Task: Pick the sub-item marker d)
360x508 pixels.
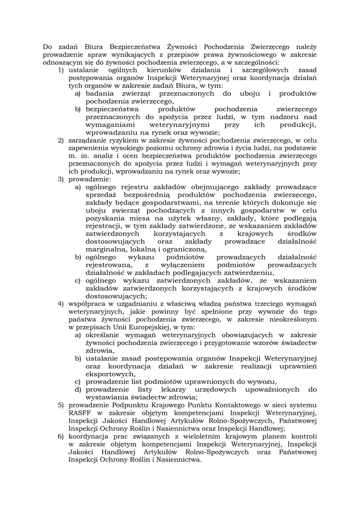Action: [78, 389]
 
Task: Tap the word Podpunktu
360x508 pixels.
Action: [128, 404]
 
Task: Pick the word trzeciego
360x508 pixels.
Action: [265, 303]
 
